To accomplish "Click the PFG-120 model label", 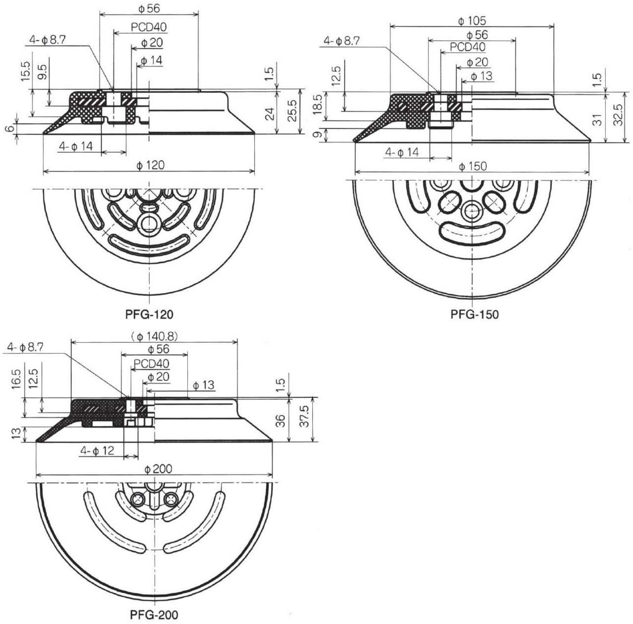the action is (x=149, y=315).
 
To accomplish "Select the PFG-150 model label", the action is (x=474, y=315).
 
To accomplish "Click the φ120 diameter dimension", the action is (x=150, y=165).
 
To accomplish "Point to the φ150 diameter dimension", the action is (x=473, y=166).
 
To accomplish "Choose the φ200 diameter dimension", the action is (x=158, y=469).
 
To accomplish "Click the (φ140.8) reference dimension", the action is (x=154, y=336).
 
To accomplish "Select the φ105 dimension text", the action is (x=472, y=21).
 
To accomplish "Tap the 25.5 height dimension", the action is (x=292, y=110).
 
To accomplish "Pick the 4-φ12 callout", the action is (x=97, y=451).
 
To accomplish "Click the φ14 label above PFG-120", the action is (x=151, y=60).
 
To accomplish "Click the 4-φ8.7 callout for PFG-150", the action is (x=341, y=41).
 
